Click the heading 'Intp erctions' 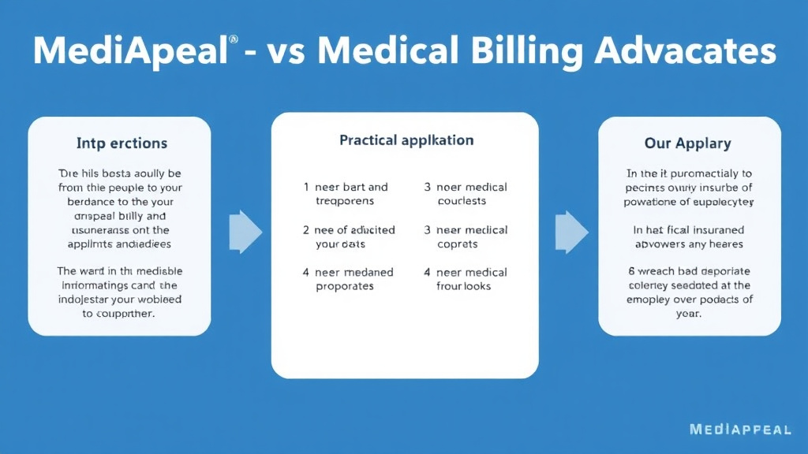click(122, 143)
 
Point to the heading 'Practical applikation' click(406, 140)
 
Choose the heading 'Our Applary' click(688, 143)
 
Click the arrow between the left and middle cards click(245, 232)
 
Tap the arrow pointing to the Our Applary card click(571, 232)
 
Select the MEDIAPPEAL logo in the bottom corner click(739, 430)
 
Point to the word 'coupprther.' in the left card click(119, 313)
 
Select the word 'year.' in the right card click(689, 313)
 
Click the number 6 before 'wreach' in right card click(630, 271)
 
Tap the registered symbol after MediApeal click(232, 38)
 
